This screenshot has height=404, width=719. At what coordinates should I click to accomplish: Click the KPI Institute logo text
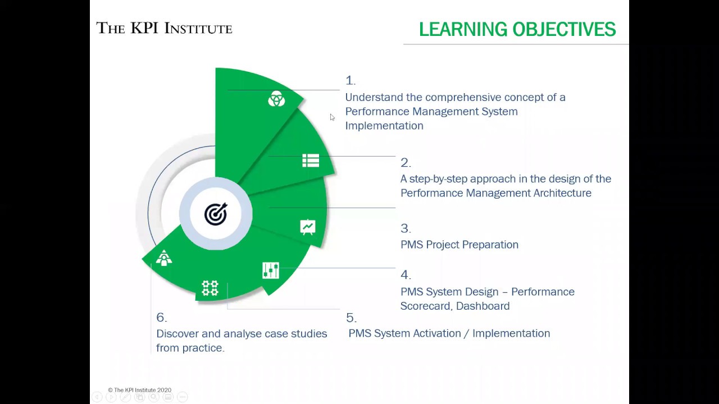pos(164,28)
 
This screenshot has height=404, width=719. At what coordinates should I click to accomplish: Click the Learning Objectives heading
pos(517,29)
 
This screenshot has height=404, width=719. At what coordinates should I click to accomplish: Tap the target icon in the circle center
pos(216,214)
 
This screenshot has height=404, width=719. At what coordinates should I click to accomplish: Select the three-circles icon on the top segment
pos(276,99)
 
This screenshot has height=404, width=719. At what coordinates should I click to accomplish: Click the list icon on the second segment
pos(310,161)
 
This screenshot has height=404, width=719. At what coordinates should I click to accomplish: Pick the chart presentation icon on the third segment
pos(307,227)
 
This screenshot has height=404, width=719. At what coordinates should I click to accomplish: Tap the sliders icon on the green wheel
pos(270,270)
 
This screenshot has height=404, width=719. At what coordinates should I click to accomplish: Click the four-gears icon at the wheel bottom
pos(210,288)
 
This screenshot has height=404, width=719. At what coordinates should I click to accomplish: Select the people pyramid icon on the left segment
pos(164,258)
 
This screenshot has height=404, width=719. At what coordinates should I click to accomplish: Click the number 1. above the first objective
pos(350,80)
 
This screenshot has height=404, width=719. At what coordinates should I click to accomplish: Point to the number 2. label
pos(405,163)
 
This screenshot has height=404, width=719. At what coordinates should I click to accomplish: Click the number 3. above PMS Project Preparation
pos(405,228)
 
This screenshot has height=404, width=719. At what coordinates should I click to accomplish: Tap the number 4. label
pos(405,275)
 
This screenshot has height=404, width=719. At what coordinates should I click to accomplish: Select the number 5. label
pos(351,318)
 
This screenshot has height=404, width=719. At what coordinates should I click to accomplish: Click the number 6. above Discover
pos(161,318)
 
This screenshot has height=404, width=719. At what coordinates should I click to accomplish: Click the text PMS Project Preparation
pos(459,245)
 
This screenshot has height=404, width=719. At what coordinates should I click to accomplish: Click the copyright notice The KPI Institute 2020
pos(140,390)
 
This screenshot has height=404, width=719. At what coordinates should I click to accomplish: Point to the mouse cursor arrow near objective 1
pos(332,117)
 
